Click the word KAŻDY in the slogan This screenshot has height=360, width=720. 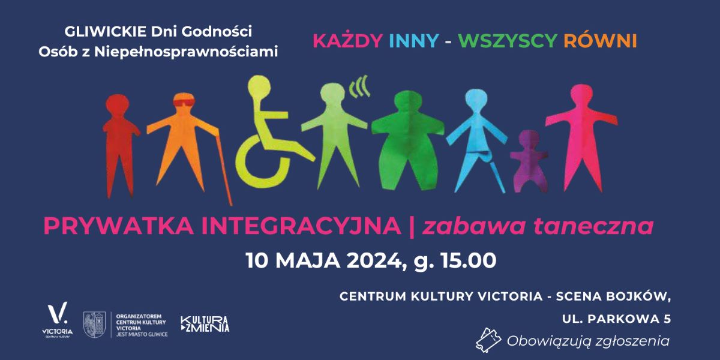pos(348,41)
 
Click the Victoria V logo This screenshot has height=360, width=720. pos(58,314)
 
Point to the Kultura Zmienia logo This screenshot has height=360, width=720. pos(205,324)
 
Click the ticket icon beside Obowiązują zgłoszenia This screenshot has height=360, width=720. pos(488,340)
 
